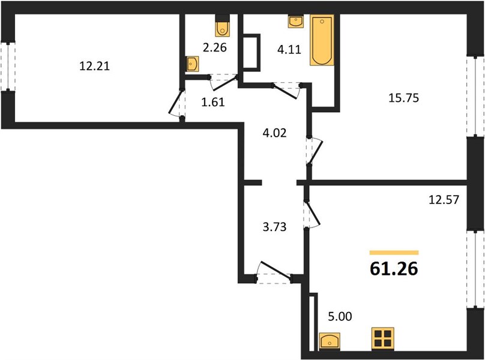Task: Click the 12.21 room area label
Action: (x=95, y=66)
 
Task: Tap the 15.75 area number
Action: (x=403, y=98)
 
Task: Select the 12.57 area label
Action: (x=444, y=200)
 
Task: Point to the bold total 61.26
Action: (x=394, y=268)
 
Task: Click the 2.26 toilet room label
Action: (x=215, y=47)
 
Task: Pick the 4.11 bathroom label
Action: (x=289, y=49)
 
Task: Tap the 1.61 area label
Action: (x=213, y=102)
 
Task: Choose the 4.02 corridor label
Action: (x=275, y=133)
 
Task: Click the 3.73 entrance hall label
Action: (x=275, y=227)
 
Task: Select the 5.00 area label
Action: (x=340, y=317)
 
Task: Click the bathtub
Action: (x=322, y=40)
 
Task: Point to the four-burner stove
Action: (x=382, y=338)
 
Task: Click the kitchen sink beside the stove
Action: (x=330, y=341)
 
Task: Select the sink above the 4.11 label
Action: (x=296, y=22)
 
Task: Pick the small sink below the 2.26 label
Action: (x=192, y=64)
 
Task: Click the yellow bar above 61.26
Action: (x=394, y=253)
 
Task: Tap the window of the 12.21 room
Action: (x=8, y=67)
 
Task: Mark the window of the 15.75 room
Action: (x=475, y=96)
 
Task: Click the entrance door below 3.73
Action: (x=274, y=273)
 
